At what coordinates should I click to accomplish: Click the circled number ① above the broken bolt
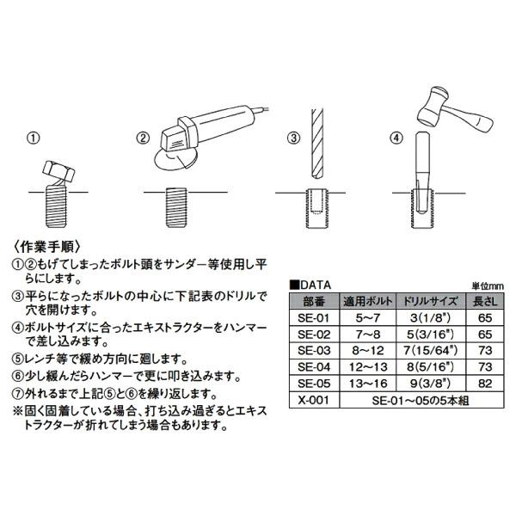(33, 138)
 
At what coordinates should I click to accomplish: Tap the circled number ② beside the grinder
(144, 138)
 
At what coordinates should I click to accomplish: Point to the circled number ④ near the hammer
(396, 138)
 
